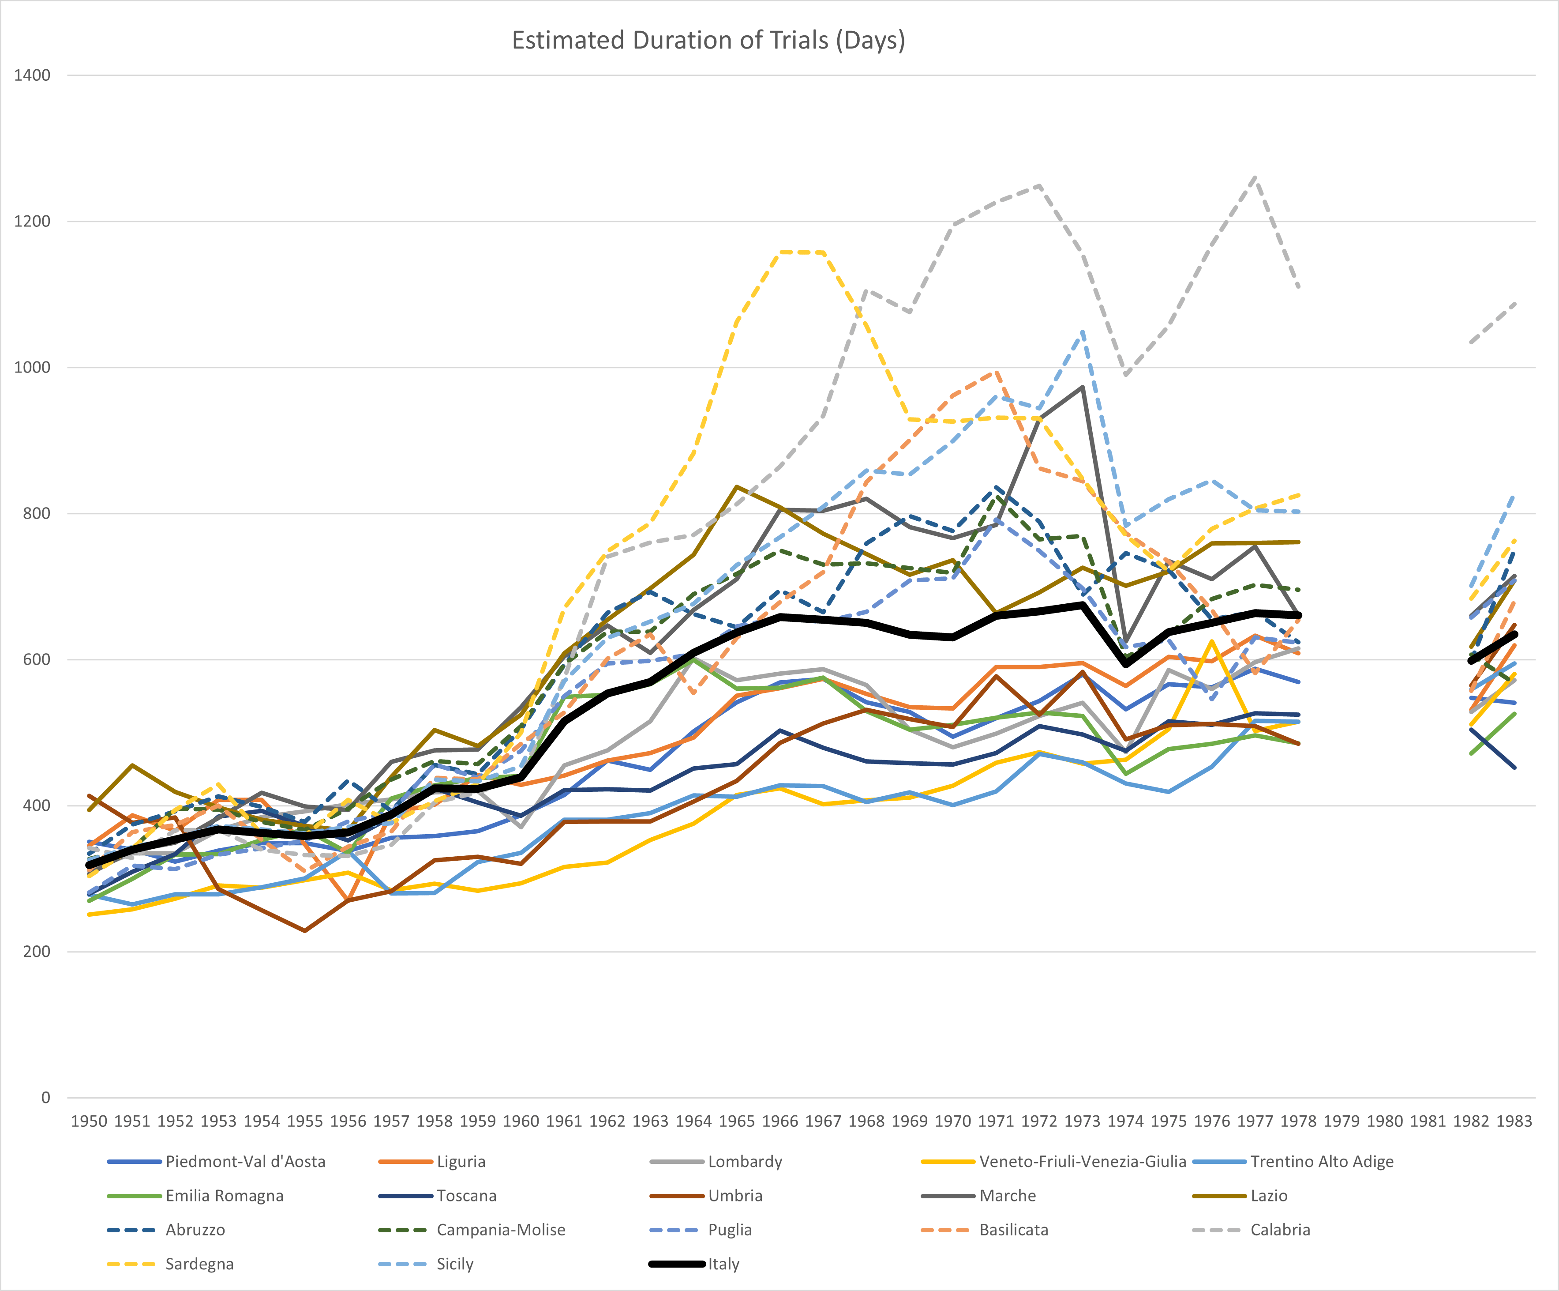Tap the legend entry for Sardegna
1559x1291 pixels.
point(199,1264)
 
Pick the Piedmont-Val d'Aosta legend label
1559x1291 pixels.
point(245,1162)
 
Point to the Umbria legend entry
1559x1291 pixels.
point(735,1196)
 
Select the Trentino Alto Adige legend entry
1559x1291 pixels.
point(1321,1162)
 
